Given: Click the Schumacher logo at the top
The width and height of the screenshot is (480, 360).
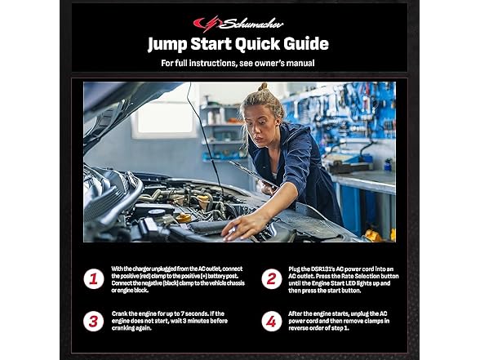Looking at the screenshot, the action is tap(238, 24).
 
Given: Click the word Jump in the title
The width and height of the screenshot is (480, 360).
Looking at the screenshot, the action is tap(167, 44).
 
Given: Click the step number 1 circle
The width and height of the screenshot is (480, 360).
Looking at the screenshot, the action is tap(94, 279).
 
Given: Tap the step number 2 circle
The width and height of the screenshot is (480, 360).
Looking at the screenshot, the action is tap(272, 279).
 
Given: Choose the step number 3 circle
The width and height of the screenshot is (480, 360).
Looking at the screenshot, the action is tap(94, 322).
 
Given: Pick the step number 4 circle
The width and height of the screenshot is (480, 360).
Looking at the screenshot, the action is tap(272, 322).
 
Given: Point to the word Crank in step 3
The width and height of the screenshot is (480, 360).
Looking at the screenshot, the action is tap(120, 313).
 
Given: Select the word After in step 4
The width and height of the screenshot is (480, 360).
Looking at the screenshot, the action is tap(296, 313).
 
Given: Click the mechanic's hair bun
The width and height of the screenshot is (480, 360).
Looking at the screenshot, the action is tap(262, 87).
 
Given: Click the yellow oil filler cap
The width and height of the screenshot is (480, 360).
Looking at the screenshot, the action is tap(184, 218).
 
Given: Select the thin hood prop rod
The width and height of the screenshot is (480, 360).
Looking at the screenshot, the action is tap(205, 139).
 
